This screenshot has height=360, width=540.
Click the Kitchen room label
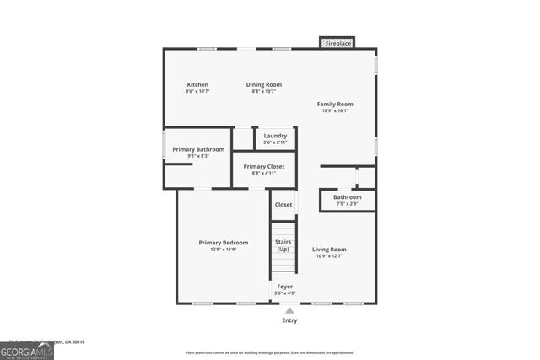pyautogui.click(x=197, y=84)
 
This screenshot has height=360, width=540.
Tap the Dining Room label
pyautogui.click(x=264, y=84)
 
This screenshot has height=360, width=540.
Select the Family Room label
pyautogui.click(x=335, y=104)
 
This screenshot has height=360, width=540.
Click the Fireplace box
pyautogui.click(x=337, y=42)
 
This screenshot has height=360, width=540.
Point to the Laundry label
pyautogui.click(x=275, y=136)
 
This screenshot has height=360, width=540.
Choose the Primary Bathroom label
pyautogui.click(x=198, y=149)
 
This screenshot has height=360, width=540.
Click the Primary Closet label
pyautogui.click(x=264, y=166)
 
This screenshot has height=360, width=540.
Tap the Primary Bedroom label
pyautogui.click(x=224, y=243)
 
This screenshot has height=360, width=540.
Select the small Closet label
pyautogui.click(x=283, y=204)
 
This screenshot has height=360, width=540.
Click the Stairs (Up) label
pyautogui.click(x=283, y=245)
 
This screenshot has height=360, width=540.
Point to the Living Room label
pyautogui.click(x=329, y=249)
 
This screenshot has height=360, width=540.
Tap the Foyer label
pyautogui.click(x=285, y=287)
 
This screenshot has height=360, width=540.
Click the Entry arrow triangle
pyautogui.click(x=289, y=311)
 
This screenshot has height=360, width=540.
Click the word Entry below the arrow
pyautogui.click(x=289, y=320)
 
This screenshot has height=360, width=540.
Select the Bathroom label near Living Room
pyautogui.click(x=347, y=197)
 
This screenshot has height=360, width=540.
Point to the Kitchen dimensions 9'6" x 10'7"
pyautogui.click(x=197, y=91)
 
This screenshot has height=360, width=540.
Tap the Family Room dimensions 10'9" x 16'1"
pyautogui.click(x=335, y=110)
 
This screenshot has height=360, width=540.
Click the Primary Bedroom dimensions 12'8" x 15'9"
pyautogui.click(x=224, y=250)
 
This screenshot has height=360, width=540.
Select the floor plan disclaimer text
pyautogui.click(x=271, y=352)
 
